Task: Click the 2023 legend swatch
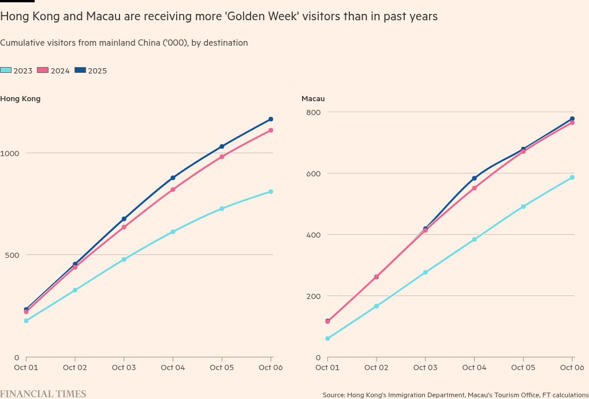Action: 6,71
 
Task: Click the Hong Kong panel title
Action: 20,99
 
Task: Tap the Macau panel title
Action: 313,99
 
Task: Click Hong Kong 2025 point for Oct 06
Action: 270,119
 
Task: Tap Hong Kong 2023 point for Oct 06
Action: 270,191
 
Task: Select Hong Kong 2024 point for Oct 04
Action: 173,190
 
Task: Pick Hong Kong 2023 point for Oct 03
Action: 124,259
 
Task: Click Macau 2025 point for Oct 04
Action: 474,178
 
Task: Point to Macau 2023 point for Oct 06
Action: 572,178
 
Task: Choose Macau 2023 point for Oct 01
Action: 327,338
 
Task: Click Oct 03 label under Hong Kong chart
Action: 124,367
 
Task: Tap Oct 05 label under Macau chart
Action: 523,367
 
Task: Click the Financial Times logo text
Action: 43,394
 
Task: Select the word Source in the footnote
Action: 333,395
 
